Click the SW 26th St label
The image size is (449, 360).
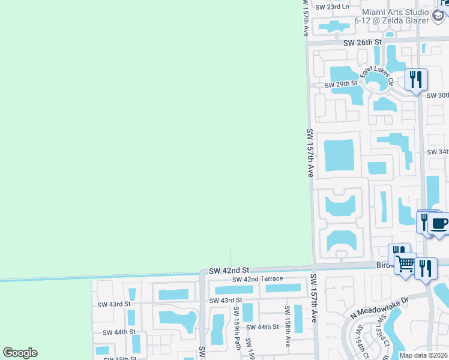click(363, 43)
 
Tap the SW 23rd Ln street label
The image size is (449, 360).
click(332, 7)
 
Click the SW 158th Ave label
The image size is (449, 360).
click(288, 327)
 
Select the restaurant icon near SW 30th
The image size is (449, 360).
click(416, 79)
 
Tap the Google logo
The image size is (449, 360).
click(20, 353)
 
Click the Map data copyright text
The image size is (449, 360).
click(423, 355)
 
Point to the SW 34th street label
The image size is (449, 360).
click(438, 152)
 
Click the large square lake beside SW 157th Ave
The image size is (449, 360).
click(339, 155)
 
